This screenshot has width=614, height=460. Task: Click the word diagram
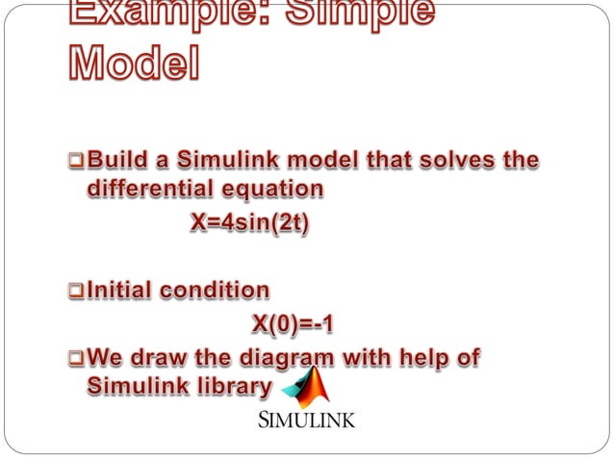coord(284,359)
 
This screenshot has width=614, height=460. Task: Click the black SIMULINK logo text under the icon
coord(306,421)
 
